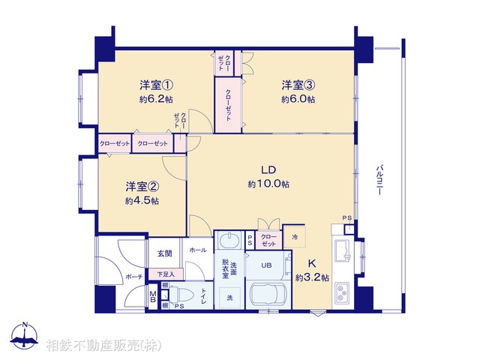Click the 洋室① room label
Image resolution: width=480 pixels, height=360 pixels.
click(157, 85)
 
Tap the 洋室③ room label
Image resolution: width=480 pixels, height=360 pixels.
click(298, 85)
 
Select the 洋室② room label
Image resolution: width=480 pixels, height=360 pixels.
click(142, 187)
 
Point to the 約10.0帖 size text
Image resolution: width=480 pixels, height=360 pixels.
click(268, 184)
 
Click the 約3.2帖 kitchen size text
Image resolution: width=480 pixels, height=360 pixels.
click(312, 277)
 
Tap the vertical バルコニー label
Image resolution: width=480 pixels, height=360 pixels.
click(379, 180)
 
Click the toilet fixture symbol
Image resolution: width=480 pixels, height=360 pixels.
click(181, 295)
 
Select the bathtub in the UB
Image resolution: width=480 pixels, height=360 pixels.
click(268, 295)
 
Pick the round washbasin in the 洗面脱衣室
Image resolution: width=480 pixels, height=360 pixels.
click(229, 240)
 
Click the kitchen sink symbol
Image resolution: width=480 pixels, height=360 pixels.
click(342, 251)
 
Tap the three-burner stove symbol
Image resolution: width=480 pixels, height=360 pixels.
click(341, 293)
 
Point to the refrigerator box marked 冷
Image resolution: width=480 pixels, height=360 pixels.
click(295, 237)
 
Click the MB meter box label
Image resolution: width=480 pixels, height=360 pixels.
click(153, 296)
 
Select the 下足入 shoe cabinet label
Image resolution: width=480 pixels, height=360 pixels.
click(166, 274)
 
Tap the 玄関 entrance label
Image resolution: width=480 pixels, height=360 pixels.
click(165, 253)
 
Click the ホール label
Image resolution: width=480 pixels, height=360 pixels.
click(198, 250)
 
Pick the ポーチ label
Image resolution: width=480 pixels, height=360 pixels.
click(134, 277)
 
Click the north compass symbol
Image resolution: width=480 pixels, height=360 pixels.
click(25, 336)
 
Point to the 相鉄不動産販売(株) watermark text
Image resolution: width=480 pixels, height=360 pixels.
click(103, 346)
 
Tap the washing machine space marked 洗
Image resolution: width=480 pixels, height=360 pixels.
click(229, 297)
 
